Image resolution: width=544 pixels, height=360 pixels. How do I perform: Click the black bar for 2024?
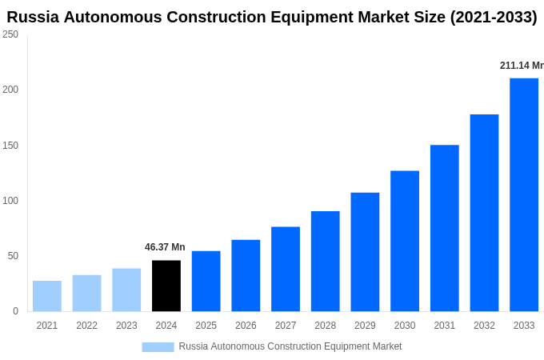tap(166, 286)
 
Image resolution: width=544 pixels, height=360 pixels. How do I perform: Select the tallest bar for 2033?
tap(524, 194)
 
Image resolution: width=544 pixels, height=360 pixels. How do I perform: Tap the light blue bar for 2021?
tap(47, 296)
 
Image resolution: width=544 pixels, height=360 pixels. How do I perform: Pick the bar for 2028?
tap(326, 261)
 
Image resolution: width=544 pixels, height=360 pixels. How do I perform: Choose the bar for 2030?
tap(405, 241)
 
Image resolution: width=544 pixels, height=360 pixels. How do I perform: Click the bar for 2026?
tap(246, 275)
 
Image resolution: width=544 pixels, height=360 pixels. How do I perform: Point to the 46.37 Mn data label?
tap(165, 247)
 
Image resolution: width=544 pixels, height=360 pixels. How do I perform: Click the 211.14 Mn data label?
tap(522, 66)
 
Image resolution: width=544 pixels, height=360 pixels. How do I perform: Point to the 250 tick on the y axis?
tap(10, 34)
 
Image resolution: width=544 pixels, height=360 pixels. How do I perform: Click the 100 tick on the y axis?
tap(10, 201)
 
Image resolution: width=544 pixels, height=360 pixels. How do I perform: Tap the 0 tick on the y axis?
tap(15, 311)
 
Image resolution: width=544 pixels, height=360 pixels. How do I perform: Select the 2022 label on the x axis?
tap(86, 326)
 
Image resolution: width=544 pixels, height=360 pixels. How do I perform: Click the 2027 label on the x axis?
tap(286, 326)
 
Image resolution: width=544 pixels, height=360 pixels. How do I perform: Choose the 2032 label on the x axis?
tap(484, 326)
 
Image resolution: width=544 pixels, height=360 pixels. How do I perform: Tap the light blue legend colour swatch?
tap(158, 346)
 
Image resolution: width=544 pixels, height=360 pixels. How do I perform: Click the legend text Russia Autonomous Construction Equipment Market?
tap(290, 346)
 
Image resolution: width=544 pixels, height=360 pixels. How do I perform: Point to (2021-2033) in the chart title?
tap(494, 17)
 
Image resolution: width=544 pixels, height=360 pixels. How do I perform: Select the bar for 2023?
tap(126, 290)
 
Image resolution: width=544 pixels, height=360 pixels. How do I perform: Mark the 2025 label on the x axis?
tap(206, 326)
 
